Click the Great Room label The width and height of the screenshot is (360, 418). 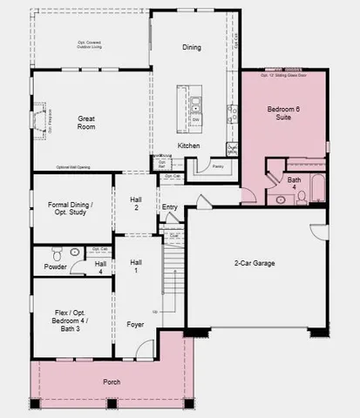point(85,122)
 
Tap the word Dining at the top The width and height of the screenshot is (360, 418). point(192,47)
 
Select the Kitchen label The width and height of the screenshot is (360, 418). point(189,145)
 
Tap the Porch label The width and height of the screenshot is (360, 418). point(112,381)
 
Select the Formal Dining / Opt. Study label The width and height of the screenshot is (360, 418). point(71,209)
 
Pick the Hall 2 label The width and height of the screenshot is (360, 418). point(136,204)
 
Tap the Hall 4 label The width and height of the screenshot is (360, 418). point(100,267)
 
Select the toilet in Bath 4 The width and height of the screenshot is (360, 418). point(302,196)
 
